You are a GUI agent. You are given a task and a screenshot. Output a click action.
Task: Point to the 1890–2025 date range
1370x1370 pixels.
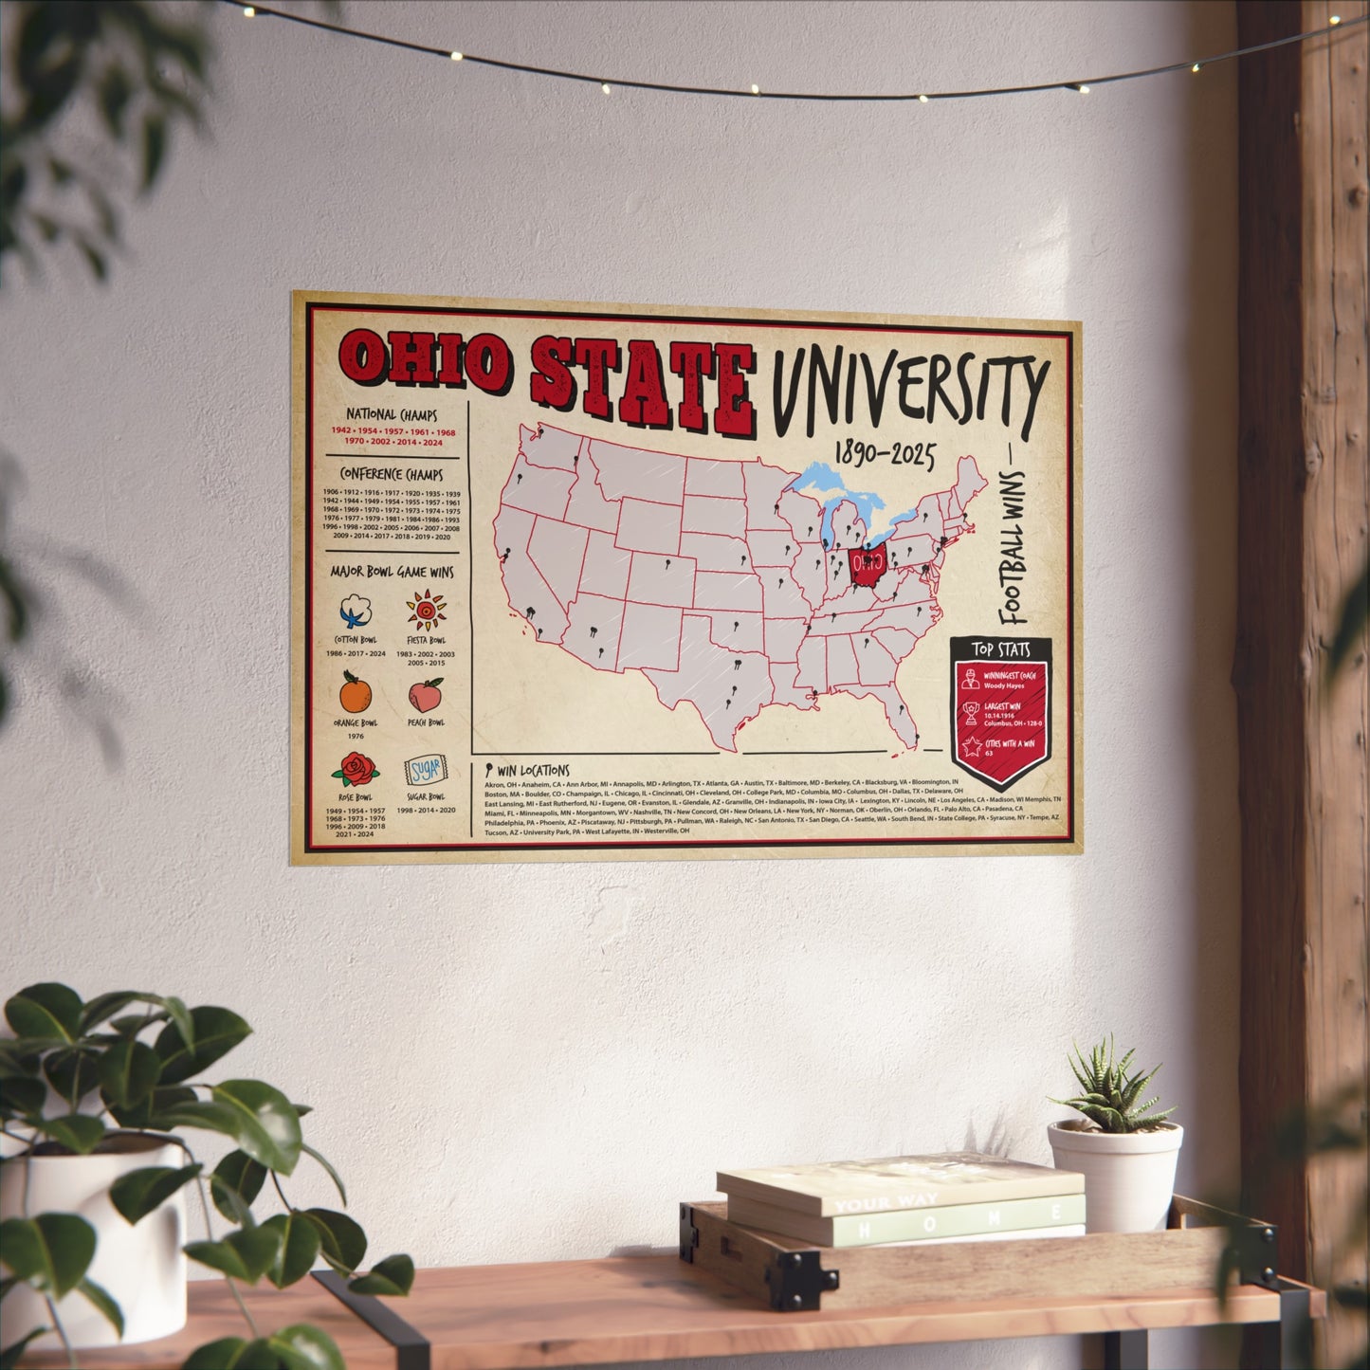click(x=884, y=455)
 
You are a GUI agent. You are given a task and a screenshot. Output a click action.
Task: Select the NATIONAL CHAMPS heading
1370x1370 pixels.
click(x=391, y=414)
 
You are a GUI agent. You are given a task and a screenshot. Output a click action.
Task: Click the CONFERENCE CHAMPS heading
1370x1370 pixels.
click(x=391, y=473)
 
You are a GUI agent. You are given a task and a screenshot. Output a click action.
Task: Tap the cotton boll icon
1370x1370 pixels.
click(x=356, y=611)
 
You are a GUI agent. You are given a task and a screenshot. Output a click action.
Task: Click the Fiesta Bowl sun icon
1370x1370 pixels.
click(x=426, y=611)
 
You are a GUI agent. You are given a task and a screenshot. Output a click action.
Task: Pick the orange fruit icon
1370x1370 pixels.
click(x=356, y=693)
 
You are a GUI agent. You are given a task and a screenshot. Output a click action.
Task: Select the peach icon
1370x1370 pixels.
click(x=426, y=695)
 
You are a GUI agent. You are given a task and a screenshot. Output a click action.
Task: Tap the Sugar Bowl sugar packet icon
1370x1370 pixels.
click(x=425, y=769)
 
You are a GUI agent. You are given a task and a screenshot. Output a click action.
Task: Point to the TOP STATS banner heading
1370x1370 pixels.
click(x=999, y=649)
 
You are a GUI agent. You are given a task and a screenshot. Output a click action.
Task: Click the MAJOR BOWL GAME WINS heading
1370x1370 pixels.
click(x=392, y=572)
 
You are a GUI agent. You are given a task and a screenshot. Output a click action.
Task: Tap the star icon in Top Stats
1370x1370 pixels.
click(x=972, y=747)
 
